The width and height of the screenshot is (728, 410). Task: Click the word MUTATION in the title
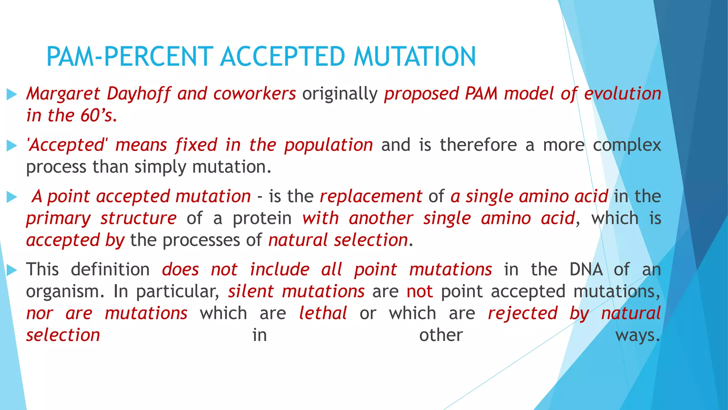point(414,57)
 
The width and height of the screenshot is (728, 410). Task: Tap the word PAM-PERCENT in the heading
point(130,57)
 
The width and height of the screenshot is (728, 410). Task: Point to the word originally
point(339,94)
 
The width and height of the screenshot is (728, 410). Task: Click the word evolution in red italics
point(622,94)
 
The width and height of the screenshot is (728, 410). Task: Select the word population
point(328,145)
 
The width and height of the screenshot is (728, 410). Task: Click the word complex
point(627,145)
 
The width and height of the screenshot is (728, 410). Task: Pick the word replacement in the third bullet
point(371,196)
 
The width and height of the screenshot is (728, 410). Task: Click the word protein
point(262,218)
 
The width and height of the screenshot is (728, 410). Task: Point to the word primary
point(58,218)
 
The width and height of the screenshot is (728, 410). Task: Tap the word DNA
point(586,269)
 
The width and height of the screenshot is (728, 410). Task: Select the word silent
point(251,291)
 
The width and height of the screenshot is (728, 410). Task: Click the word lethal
point(323,314)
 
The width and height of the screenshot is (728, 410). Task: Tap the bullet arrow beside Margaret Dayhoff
point(12,94)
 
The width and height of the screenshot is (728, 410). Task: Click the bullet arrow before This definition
point(12,270)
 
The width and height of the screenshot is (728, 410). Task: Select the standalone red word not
point(419,291)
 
